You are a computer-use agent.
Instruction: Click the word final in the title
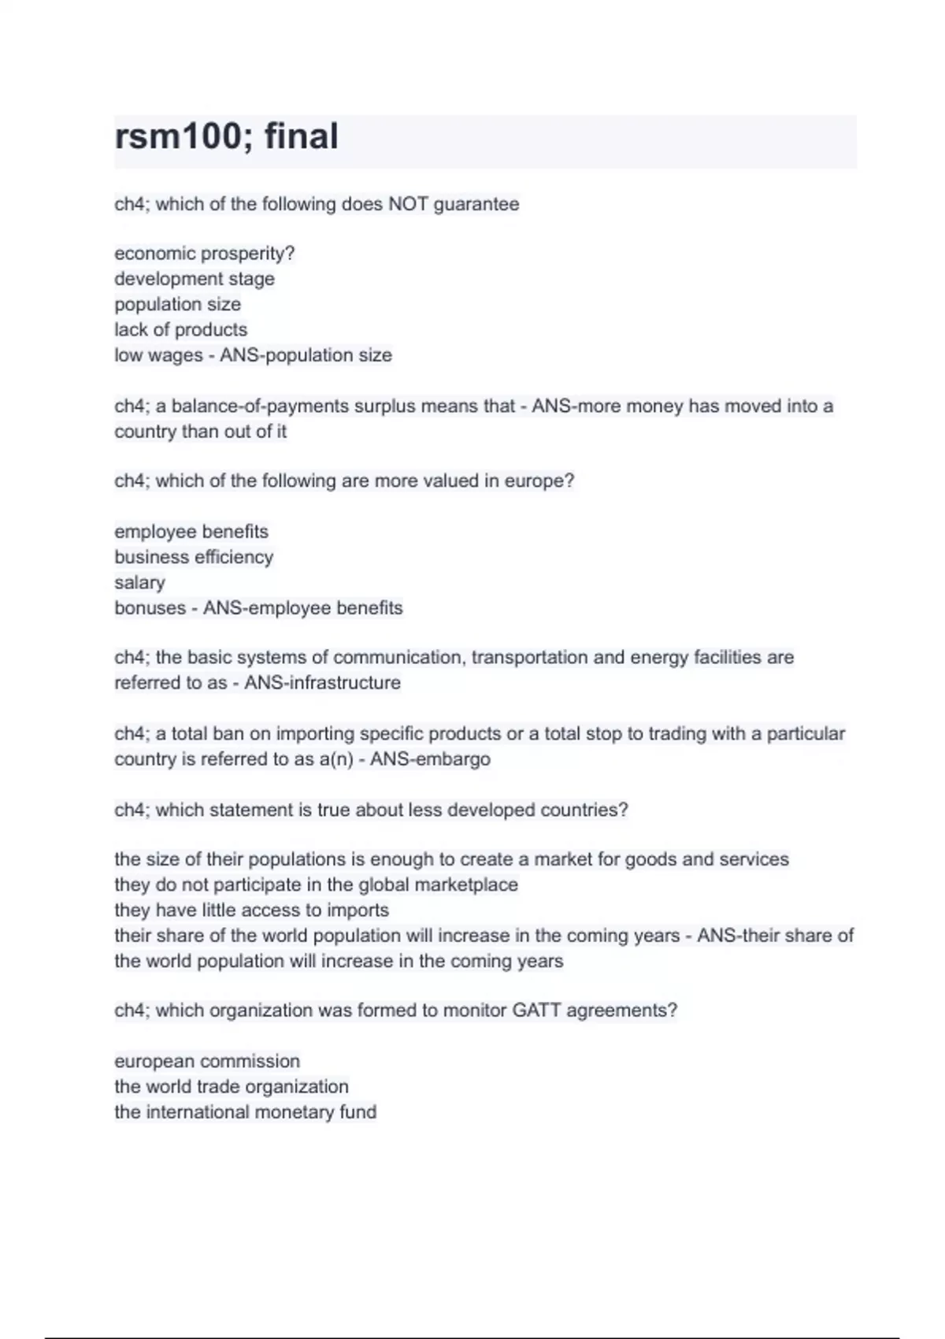pyautogui.click(x=301, y=136)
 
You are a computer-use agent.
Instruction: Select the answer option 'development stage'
pyautogui.click(x=195, y=279)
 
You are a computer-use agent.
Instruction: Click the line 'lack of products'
pyautogui.click(x=180, y=329)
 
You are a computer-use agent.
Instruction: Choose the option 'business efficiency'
pyautogui.click(x=194, y=557)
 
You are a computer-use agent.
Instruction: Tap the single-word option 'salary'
pyautogui.click(x=139, y=583)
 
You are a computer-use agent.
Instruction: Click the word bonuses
pyautogui.click(x=150, y=608)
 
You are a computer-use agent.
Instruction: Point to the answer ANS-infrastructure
pyautogui.click(x=322, y=683)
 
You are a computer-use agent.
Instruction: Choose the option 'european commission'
pyautogui.click(x=207, y=1061)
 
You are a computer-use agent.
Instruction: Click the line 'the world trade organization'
pyautogui.click(x=232, y=1087)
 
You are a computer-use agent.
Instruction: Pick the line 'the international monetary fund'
pyautogui.click(x=245, y=1112)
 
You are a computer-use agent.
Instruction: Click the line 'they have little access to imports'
pyautogui.click(x=251, y=911)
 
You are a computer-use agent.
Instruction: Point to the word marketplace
pyautogui.click(x=466, y=885)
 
